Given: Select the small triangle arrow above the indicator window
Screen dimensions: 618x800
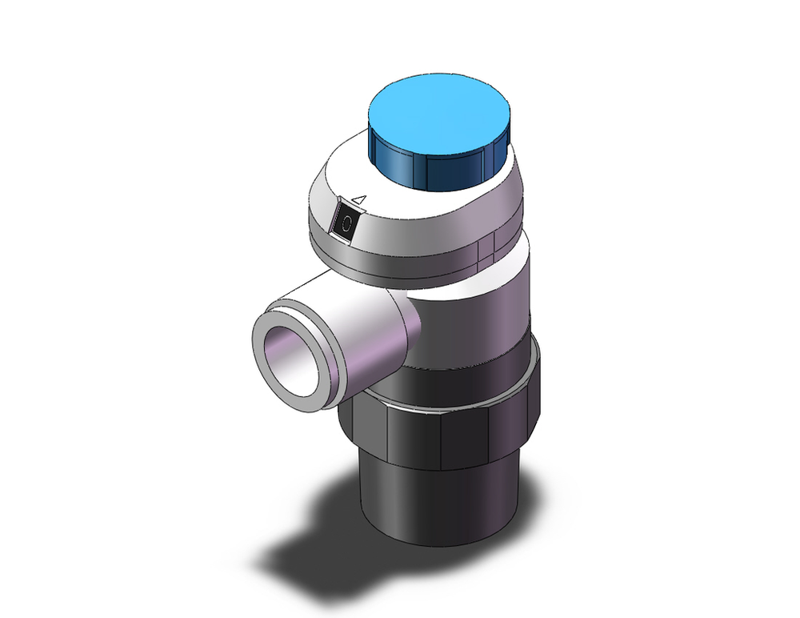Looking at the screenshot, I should [x=359, y=199].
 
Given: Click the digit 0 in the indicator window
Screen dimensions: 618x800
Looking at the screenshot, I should [x=346, y=225].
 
